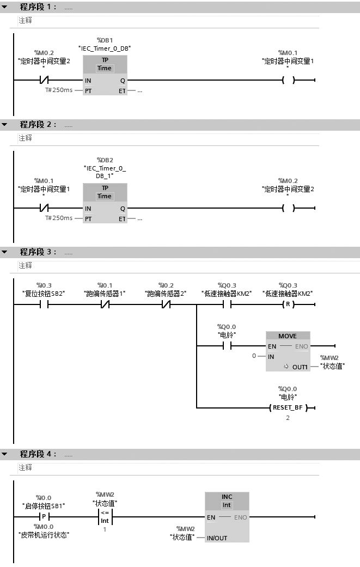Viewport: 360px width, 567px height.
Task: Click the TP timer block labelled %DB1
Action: tap(105, 75)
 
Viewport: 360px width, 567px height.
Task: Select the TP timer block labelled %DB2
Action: tap(105, 203)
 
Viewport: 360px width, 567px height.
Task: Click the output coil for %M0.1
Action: tap(288, 81)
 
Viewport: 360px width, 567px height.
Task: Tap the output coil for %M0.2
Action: tap(288, 209)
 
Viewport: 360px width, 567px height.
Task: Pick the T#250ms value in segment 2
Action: tap(58, 218)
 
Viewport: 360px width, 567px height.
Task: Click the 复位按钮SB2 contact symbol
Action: tap(44, 305)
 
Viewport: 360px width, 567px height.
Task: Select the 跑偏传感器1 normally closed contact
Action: tap(105, 305)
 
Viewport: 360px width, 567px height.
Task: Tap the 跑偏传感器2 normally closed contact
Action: tap(166, 305)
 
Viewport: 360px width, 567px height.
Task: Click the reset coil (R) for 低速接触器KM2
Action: tap(288, 305)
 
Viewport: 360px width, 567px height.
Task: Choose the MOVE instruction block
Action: tap(288, 351)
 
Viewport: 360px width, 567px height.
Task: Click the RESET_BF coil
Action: tap(288, 407)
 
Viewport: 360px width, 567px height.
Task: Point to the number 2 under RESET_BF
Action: tap(288, 418)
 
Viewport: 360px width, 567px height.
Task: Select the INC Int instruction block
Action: tap(227, 516)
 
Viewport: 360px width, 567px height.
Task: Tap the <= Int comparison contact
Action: tap(105, 517)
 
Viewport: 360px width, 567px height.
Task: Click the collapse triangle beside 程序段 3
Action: tap(5, 252)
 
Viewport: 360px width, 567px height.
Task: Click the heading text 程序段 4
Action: tap(38, 454)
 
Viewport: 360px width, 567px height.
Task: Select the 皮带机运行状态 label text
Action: tap(44, 535)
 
